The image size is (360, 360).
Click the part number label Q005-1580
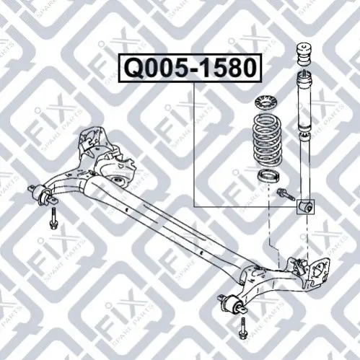(190, 69)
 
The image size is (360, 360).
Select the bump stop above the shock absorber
(304, 54)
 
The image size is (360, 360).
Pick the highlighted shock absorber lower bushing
(306, 206)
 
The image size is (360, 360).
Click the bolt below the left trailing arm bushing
(53, 219)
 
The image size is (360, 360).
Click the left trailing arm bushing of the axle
(43, 194)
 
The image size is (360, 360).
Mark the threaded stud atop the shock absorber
(304, 74)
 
